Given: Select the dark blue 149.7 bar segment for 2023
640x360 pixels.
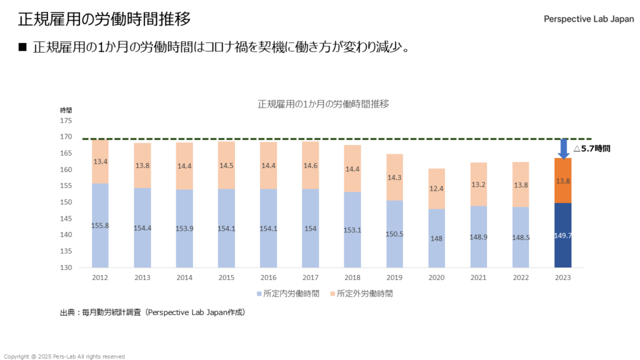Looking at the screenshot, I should click(562, 235).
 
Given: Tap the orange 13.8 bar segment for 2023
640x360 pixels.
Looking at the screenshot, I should click(562, 180).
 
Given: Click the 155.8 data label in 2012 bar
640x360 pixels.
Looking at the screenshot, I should click(100, 226).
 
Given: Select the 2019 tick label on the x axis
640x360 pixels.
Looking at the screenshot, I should click(394, 277).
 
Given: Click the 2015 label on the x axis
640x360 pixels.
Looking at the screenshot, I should click(226, 277).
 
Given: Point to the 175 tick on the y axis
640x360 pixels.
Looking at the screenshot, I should click(66, 121).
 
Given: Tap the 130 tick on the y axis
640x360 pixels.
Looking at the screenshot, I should click(66, 267).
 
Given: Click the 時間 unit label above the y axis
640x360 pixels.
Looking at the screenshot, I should click(66, 110).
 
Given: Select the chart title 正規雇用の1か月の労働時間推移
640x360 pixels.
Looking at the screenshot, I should click(323, 104).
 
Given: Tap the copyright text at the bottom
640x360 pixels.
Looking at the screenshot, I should click(64, 356).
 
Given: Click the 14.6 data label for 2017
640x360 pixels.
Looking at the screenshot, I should click(311, 166).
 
